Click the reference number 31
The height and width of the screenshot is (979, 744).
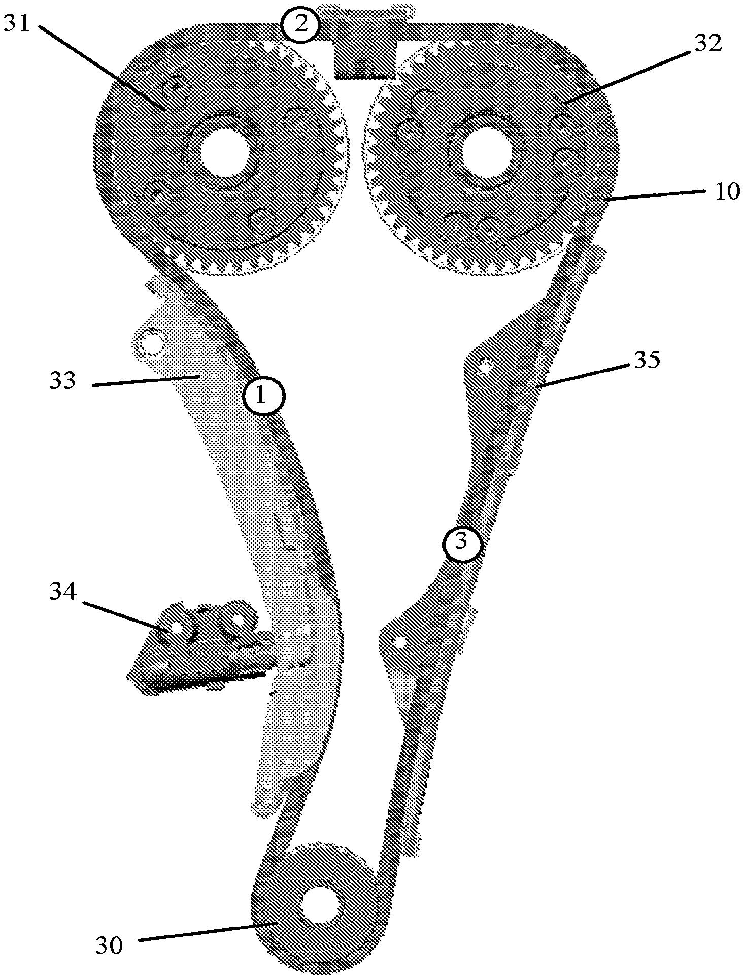(x=18, y=23)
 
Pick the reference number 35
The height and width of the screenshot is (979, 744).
(x=646, y=361)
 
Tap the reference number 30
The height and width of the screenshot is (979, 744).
(x=109, y=945)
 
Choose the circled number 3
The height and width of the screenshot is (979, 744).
(x=461, y=542)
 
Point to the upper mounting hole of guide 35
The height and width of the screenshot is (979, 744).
(x=486, y=365)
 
